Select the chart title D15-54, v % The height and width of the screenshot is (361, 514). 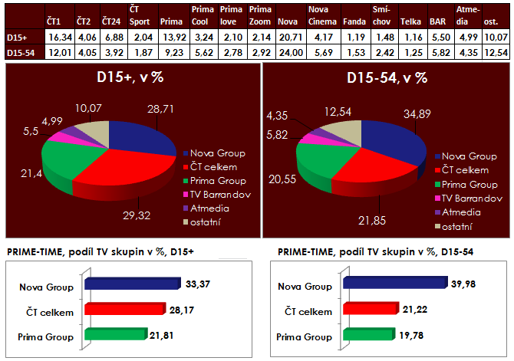tap(387, 78)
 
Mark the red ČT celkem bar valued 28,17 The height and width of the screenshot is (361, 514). tap(123, 310)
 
